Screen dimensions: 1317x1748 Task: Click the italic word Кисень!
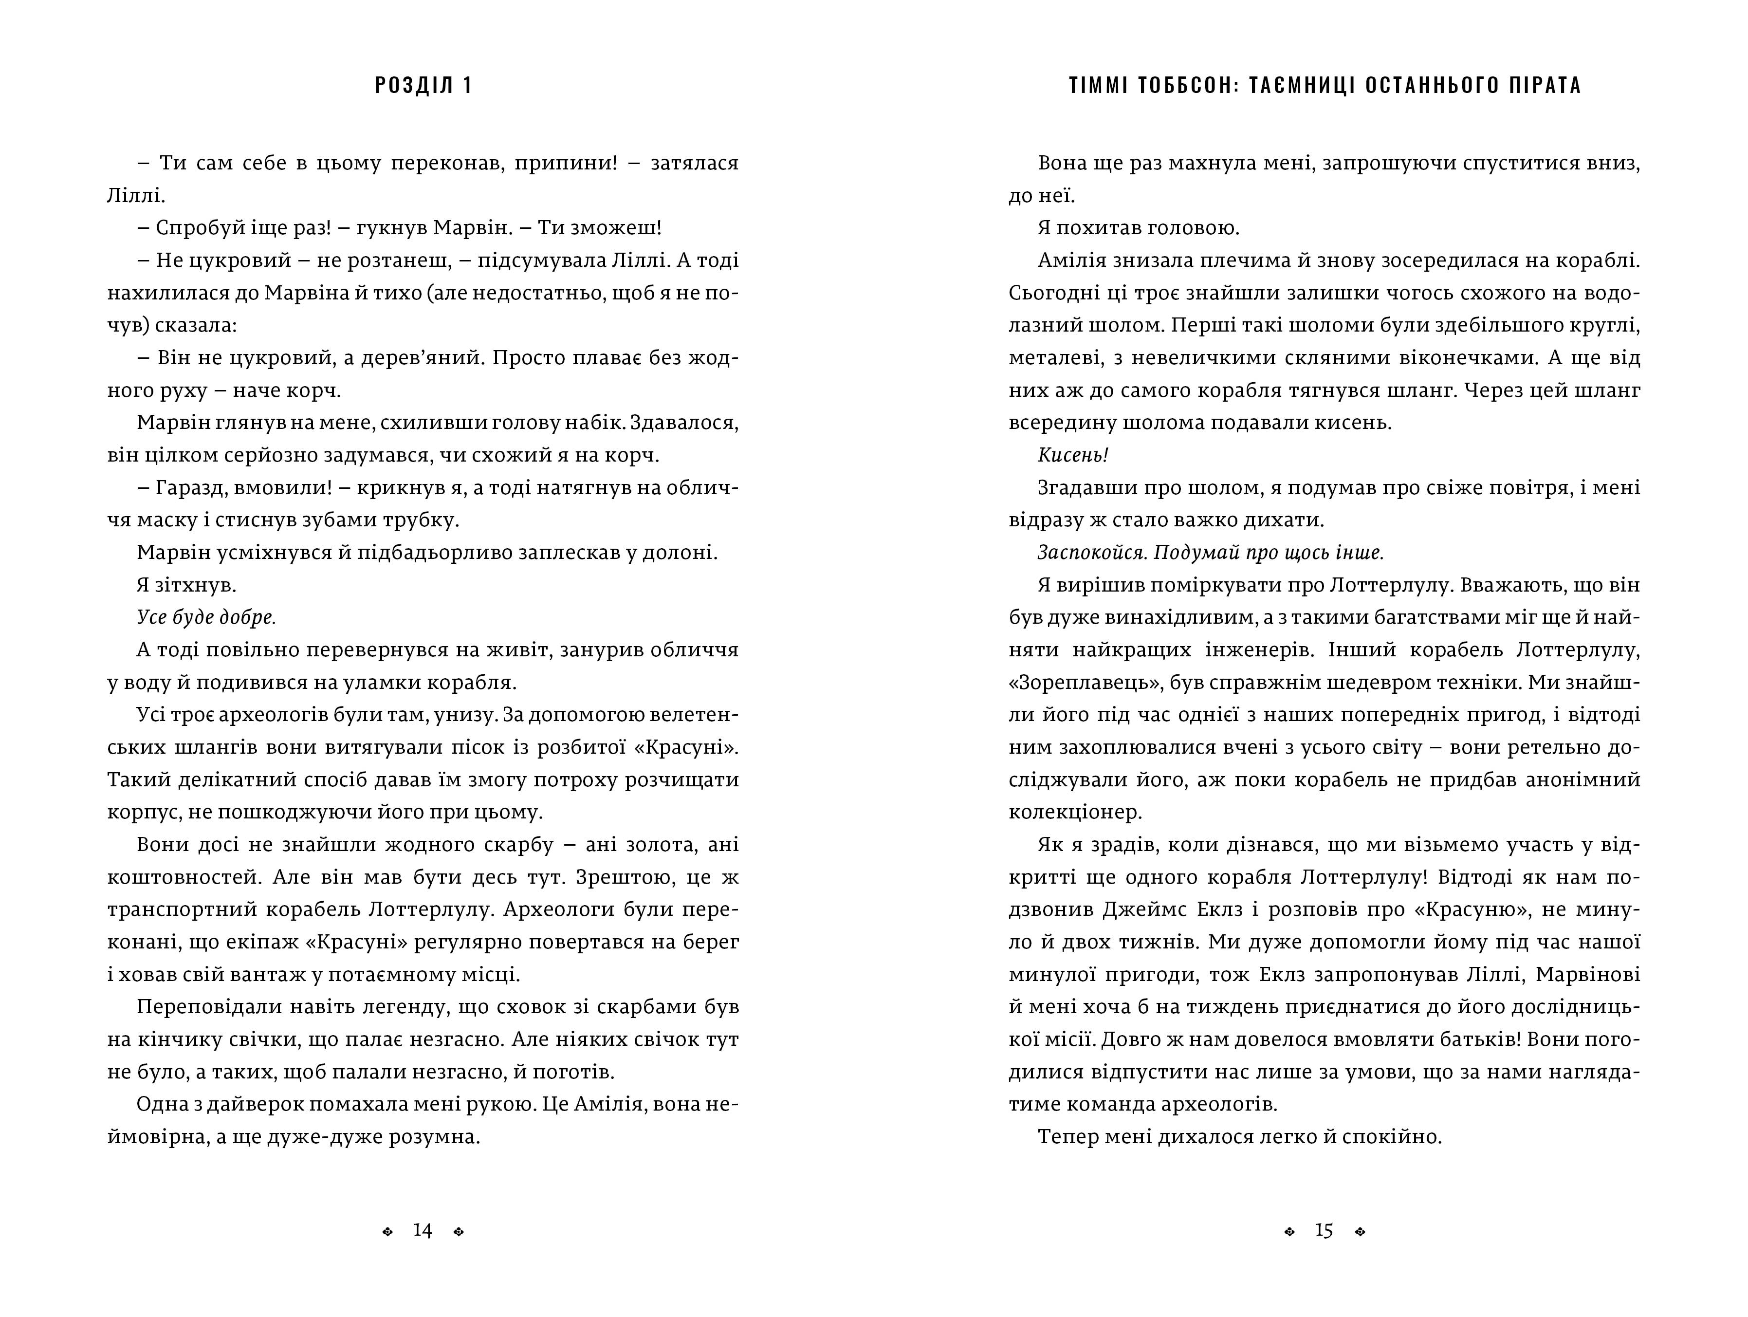pyautogui.click(x=1072, y=455)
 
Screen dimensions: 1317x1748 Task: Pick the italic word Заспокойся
pyautogui.click(x=1092, y=553)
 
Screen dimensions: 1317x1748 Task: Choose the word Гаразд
pyautogui.click(x=186, y=488)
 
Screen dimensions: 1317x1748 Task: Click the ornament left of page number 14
pyautogui.click(x=387, y=1232)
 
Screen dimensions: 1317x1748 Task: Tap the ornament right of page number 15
pyautogui.click(x=1360, y=1232)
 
